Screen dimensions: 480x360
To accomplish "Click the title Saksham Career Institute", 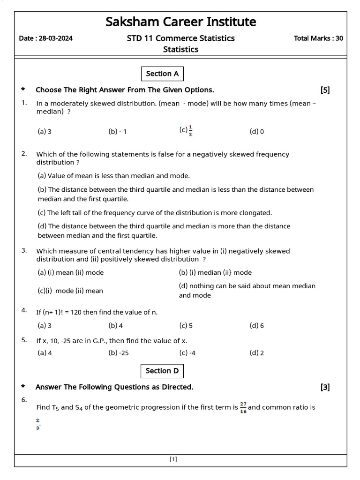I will coord(180,22).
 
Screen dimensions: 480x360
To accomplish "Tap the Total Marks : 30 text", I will coord(318,38).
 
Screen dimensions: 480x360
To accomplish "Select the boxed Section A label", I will coord(162,74).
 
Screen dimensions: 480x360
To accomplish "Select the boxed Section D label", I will coord(162,371).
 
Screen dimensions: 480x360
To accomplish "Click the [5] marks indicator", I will coord(325,90).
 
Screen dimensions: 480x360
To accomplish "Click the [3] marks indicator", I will coord(325,387).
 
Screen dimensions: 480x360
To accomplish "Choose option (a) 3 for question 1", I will coord(45,132).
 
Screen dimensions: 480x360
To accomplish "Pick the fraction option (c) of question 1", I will coord(186,131).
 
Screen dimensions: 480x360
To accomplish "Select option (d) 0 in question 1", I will coord(256,132).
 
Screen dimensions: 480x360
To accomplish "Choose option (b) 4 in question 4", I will coord(116,325).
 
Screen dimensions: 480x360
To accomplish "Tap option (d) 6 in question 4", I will coord(256,325).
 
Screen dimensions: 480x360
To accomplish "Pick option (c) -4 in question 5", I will coord(187,353).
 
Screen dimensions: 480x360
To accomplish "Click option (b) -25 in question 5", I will coord(119,353).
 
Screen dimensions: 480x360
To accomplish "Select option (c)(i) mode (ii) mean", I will coord(70,291).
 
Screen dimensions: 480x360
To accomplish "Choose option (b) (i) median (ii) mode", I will coord(215,272).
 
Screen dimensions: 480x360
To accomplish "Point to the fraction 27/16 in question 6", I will coord(243,407).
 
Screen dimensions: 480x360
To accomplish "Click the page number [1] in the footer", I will coord(173,459).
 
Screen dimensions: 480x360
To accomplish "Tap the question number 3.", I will coord(24,250).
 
